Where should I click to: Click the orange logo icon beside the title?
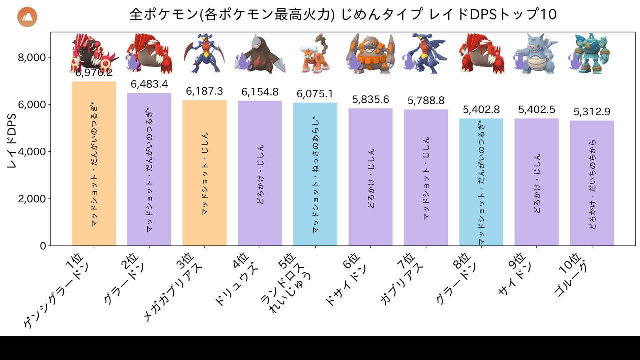tap(27, 17)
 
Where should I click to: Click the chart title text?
tap(343, 14)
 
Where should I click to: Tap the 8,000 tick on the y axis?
tap(32, 58)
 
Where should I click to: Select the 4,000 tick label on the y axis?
tap(32, 152)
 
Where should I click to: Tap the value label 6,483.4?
tap(149, 84)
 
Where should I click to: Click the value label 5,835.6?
tap(370, 100)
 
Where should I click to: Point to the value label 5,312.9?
tap(592, 112)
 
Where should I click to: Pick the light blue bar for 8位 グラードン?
tap(481, 182)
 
